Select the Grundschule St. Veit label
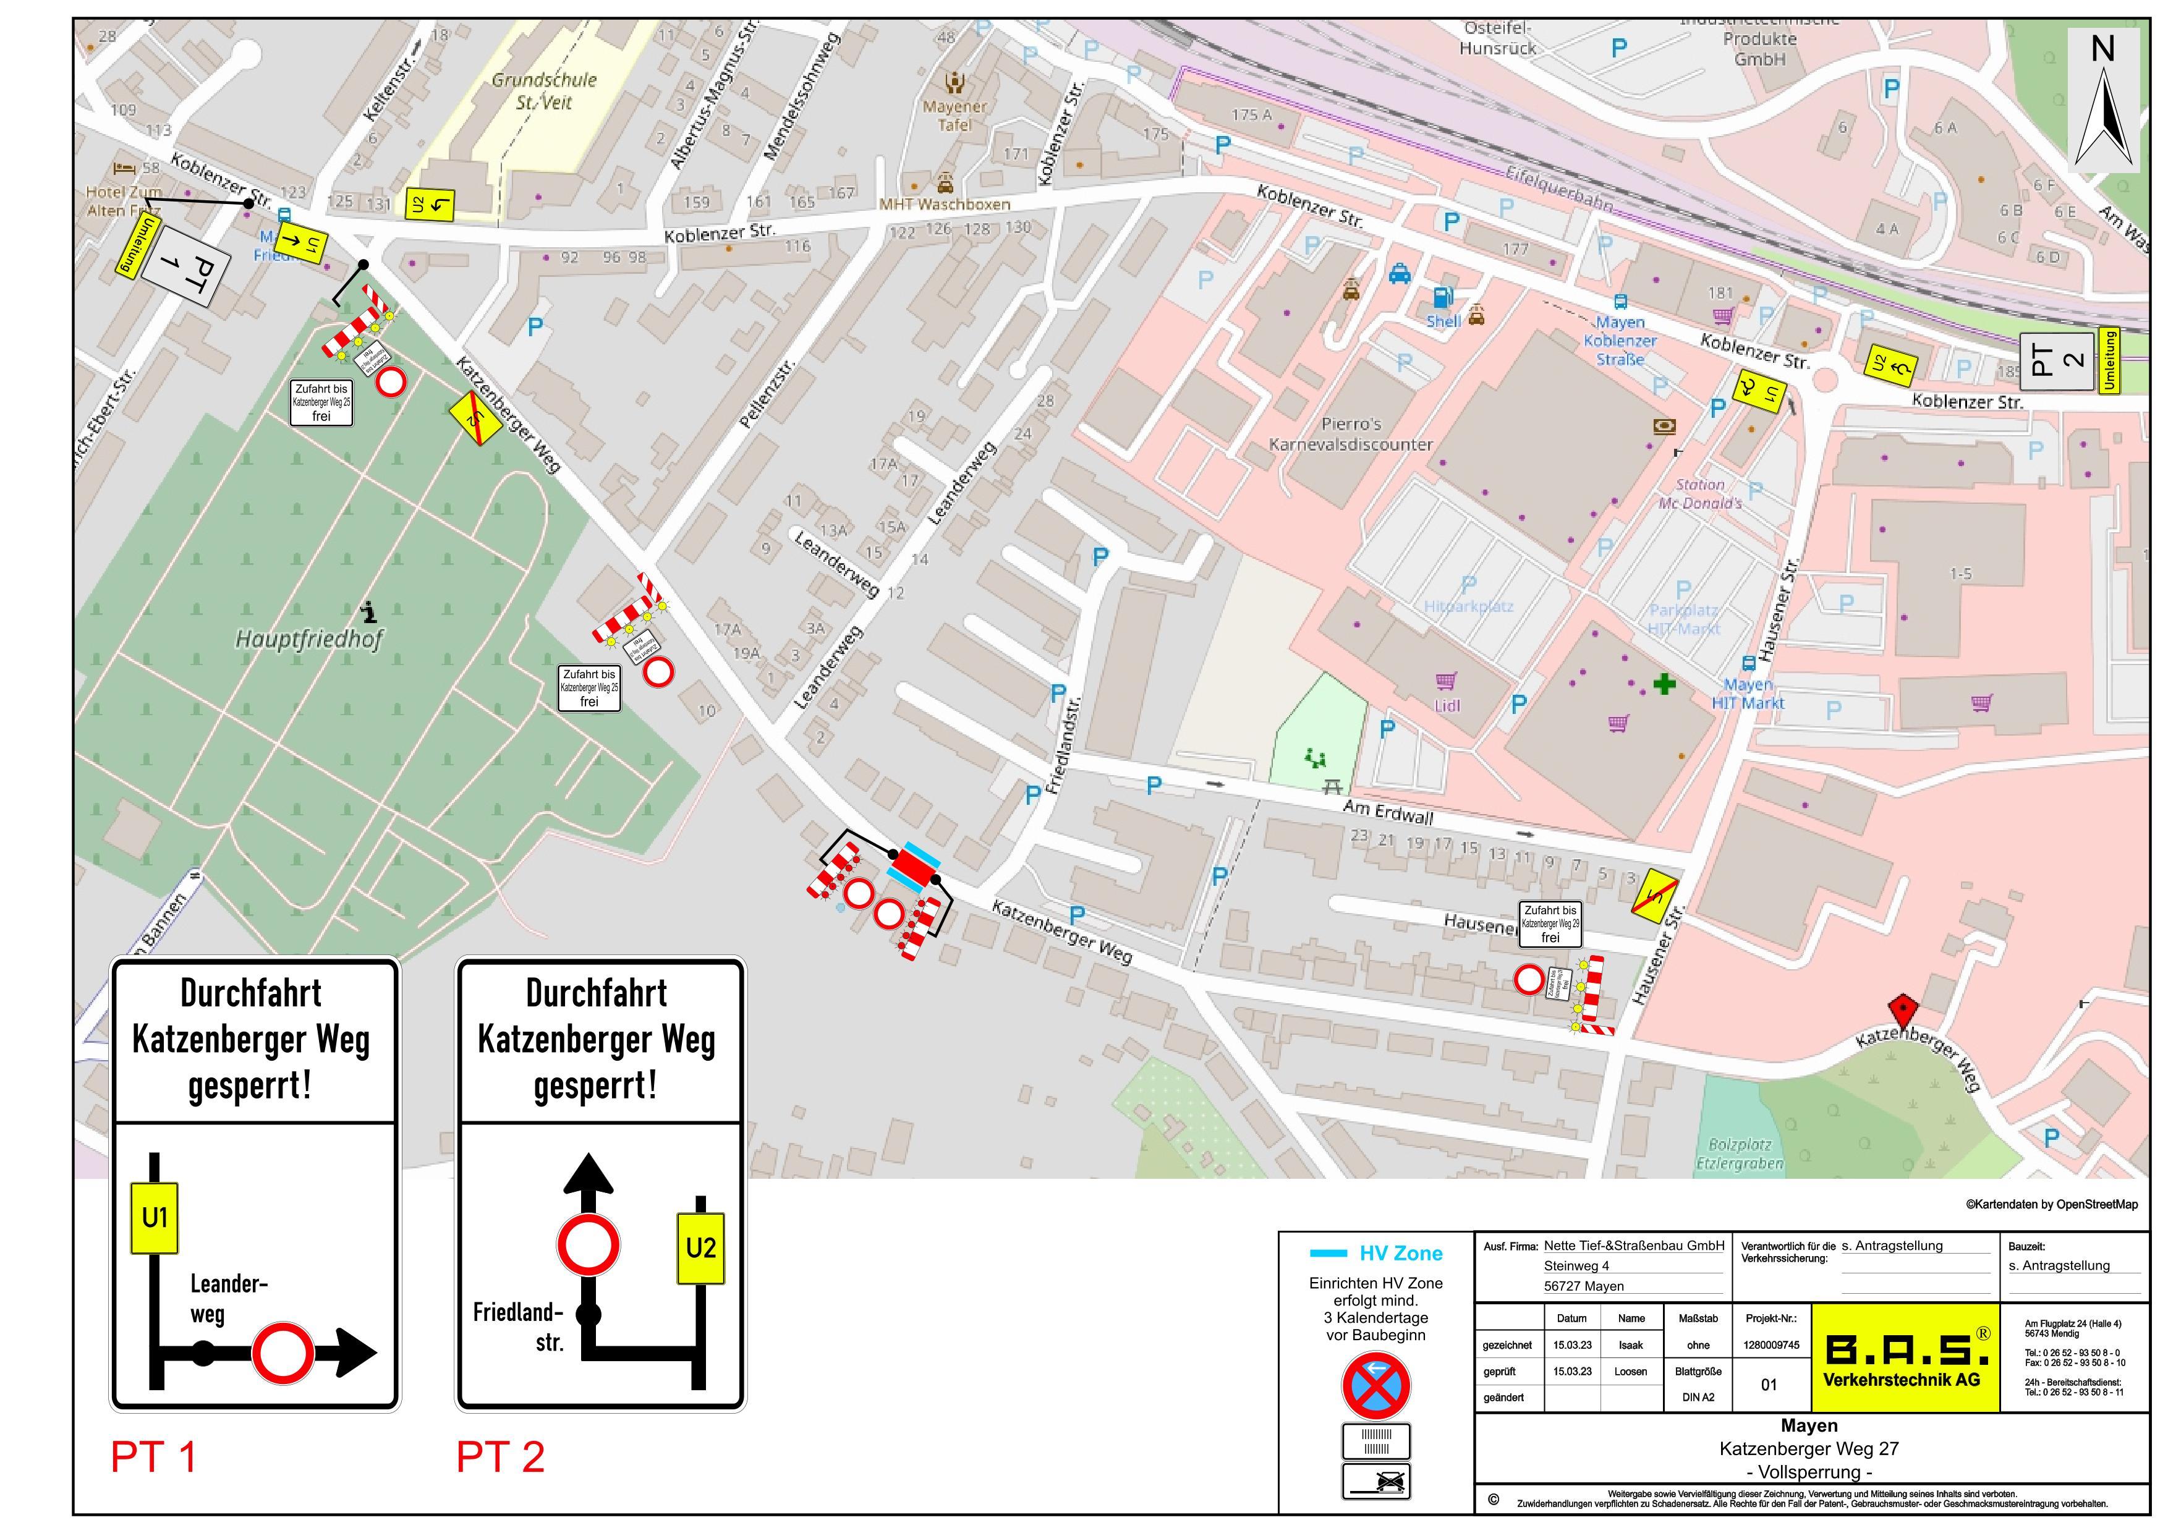544,91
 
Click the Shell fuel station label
1443,321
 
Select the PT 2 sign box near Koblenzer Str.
2055,360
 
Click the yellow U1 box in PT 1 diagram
155,1218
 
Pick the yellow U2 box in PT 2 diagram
700,1248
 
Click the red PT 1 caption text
154,1456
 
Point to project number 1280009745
1772,1345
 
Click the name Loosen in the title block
1631,1372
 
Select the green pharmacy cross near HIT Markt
1664,684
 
